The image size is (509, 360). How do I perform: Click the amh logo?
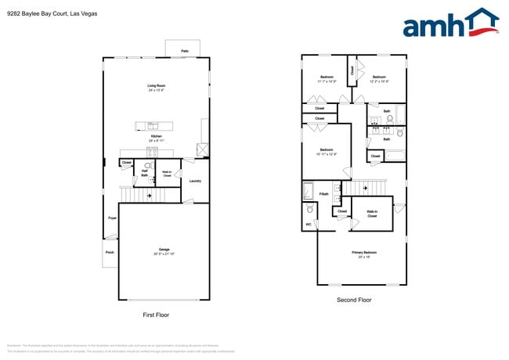(x=450, y=23)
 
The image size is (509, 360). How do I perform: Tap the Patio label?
(x=185, y=51)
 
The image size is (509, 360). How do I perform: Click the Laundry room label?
(x=195, y=181)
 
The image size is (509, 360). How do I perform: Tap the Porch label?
(x=109, y=252)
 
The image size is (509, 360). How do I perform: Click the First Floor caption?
(x=156, y=315)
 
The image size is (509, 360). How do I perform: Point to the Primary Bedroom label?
(x=363, y=253)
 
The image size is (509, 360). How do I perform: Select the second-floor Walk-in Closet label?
(x=372, y=214)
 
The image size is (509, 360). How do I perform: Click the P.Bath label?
(x=323, y=193)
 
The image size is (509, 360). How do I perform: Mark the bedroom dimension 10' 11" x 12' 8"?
(x=327, y=154)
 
